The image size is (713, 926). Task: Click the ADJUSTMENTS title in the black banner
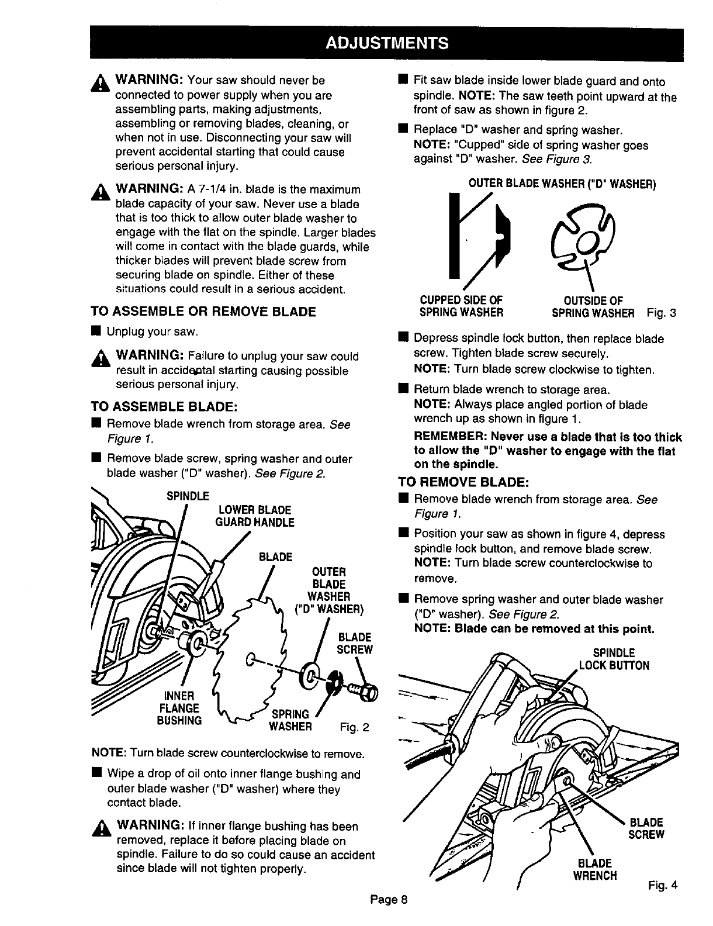point(386,43)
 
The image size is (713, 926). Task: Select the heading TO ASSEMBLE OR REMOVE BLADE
point(203,312)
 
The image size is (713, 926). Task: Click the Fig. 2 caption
point(355,728)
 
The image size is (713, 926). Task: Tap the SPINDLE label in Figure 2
point(188,496)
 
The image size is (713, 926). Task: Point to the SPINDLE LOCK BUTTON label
point(614,659)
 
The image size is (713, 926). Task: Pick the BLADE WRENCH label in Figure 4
point(595,869)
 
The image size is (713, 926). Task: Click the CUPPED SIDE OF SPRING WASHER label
point(461,306)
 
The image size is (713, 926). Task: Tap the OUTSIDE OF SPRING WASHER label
point(593,306)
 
